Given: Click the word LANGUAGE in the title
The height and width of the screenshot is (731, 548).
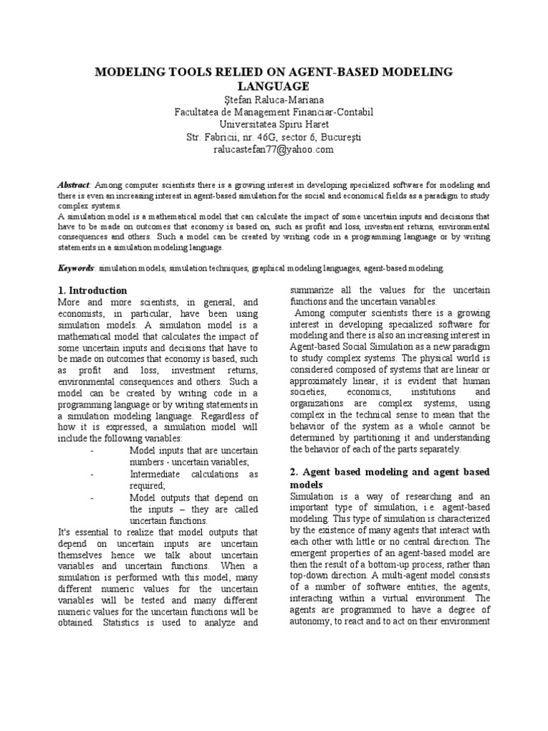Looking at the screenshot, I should (274, 86).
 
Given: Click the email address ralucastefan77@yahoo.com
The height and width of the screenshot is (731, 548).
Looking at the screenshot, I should (274, 149).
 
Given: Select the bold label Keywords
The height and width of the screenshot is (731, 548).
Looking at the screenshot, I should (76, 268).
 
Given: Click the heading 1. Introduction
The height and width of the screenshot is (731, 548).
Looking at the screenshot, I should (92, 291).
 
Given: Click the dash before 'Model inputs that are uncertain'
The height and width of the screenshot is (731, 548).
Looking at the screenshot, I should (93, 450).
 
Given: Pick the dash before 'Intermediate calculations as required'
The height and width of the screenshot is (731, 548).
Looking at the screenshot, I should (93, 474).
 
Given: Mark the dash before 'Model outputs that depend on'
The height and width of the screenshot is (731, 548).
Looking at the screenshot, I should (93, 497).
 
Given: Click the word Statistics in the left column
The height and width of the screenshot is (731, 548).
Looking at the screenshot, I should (119, 623).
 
